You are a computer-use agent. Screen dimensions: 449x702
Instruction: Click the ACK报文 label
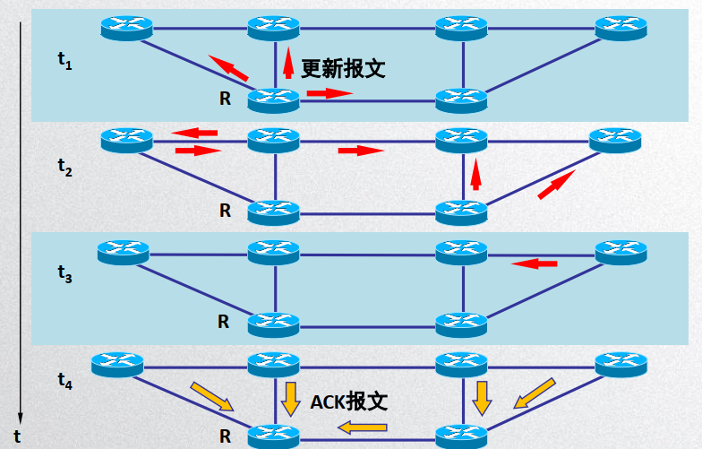pyautogui.click(x=348, y=402)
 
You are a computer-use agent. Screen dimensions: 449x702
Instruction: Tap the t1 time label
pyautogui.click(x=64, y=60)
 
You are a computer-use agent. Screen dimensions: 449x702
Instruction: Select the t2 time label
pyautogui.click(x=64, y=166)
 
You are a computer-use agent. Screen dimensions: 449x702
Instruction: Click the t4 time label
pyautogui.click(x=64, y=380)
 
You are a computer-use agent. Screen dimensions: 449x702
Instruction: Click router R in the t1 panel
pyautogui.click(x=273, y=99)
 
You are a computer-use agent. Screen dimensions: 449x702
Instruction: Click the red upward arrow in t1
pyautogui.click(x=287, y=65)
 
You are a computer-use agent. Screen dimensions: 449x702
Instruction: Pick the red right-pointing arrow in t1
pyautogui.click(x=329, y=92)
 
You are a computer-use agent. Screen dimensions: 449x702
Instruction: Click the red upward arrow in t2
pyautogui.click(x=475, y=174)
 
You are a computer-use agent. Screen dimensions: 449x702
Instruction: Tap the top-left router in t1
pyautogui.click(x=125, y=27)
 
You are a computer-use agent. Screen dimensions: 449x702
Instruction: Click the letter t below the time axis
pyautogui.click(x=17, y=438)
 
